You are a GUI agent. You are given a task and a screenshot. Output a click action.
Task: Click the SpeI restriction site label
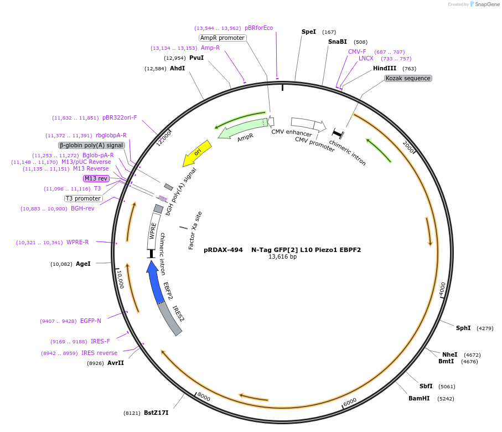pyautogui.click(x=308, y=32)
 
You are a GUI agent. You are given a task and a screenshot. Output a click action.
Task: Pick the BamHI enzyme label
pyautogui.click(x=419, y=398)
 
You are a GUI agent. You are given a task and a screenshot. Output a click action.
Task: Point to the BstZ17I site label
pyautogui.click(x=156, y=413)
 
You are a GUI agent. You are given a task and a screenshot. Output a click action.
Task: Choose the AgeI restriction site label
pyautogui.click(x=83, y=264)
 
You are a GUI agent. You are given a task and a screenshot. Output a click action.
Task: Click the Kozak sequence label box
pyautogui.click(x=408, y=78)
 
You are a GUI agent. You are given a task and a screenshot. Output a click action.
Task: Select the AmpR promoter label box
pyautogui.click(x=222, y=38)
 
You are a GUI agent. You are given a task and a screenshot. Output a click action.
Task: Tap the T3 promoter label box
pyautogui.click(x=84, y=198)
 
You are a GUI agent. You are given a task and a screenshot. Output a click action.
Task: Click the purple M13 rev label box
pyautogui.click(x=96, y=178)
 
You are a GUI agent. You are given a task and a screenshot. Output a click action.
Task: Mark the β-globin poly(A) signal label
pyautogui.click(x=91, y=145)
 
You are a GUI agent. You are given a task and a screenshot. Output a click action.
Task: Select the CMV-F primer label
pyautogui.click(x=357, y=52)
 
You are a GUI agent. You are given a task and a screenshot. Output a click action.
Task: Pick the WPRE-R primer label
pyautogui.click(x=77, y=242)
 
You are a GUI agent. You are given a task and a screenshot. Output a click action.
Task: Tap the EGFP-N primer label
pyautogui.click(x=90, y=321)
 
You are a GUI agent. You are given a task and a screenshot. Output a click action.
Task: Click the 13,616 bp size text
pyautogui.click(x=282, y=256)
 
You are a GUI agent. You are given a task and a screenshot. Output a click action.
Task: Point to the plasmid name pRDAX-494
pyautogui.click(x=223, y=250)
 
